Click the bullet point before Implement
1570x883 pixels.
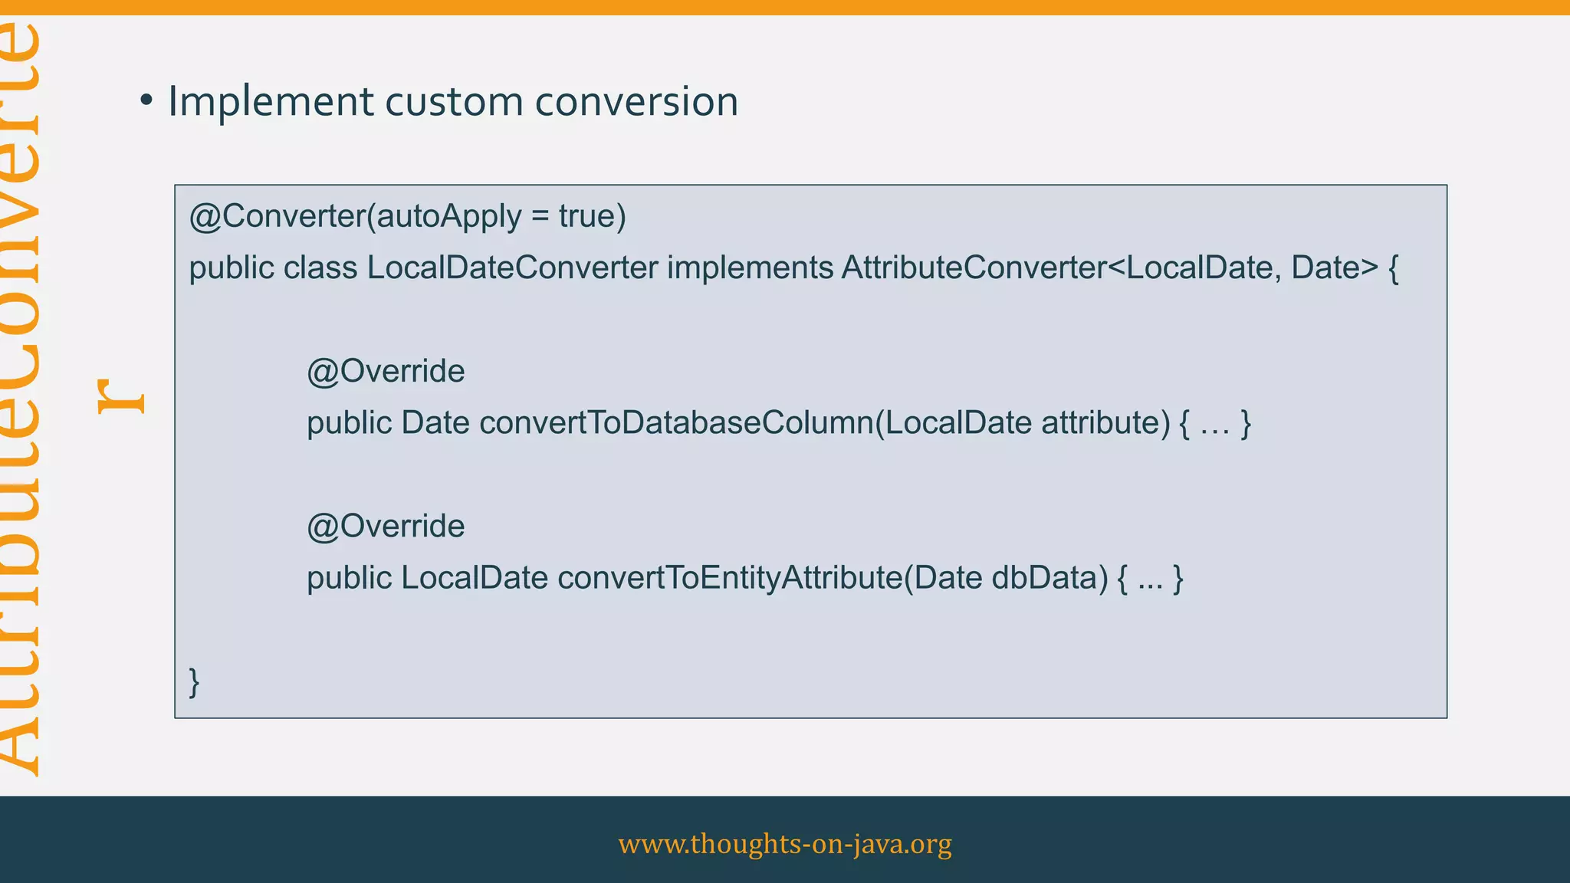146,100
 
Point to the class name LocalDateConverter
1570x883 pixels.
512,268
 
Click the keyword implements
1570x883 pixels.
750,268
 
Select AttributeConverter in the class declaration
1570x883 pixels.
973,268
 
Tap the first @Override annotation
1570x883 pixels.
386,372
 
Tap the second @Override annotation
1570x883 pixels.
386,527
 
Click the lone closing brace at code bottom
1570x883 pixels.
195,681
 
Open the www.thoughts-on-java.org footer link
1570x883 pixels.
785,843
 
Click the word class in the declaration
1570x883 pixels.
320,268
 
